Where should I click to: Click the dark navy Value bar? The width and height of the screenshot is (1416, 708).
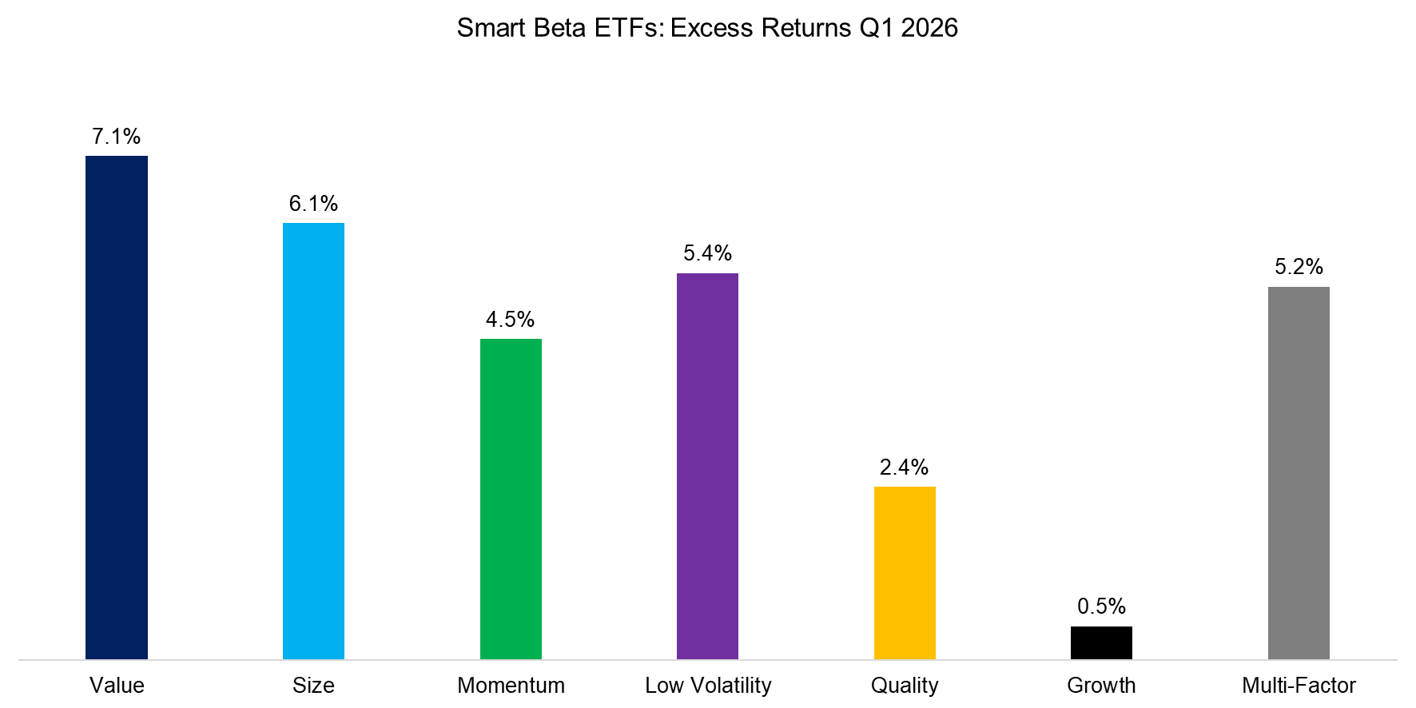117,408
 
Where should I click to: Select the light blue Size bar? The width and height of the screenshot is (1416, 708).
313,441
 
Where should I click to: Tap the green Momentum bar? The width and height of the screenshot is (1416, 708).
511,499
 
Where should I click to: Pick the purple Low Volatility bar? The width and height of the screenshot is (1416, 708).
707,466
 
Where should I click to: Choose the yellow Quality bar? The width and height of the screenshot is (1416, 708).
905,572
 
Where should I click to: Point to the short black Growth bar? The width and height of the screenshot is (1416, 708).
1101,642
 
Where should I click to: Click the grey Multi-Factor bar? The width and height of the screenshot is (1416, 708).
1299,473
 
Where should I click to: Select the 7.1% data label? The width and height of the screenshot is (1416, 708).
117,137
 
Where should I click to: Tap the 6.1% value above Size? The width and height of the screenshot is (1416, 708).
313,204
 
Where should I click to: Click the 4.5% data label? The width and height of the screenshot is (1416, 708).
511,320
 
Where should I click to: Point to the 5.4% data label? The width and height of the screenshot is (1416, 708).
707,253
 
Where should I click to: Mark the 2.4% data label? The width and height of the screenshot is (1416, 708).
905,467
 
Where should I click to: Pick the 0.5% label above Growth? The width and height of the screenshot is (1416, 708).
1101,607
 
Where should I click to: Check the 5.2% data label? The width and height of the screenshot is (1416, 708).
1299,267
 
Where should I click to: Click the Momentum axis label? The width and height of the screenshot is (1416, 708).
511,686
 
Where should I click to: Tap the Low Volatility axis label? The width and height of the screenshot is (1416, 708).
708,686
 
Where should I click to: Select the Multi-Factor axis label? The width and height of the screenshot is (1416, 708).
1299,686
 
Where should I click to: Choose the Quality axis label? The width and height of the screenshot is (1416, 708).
905,686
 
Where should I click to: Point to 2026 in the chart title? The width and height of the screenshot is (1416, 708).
929,28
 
